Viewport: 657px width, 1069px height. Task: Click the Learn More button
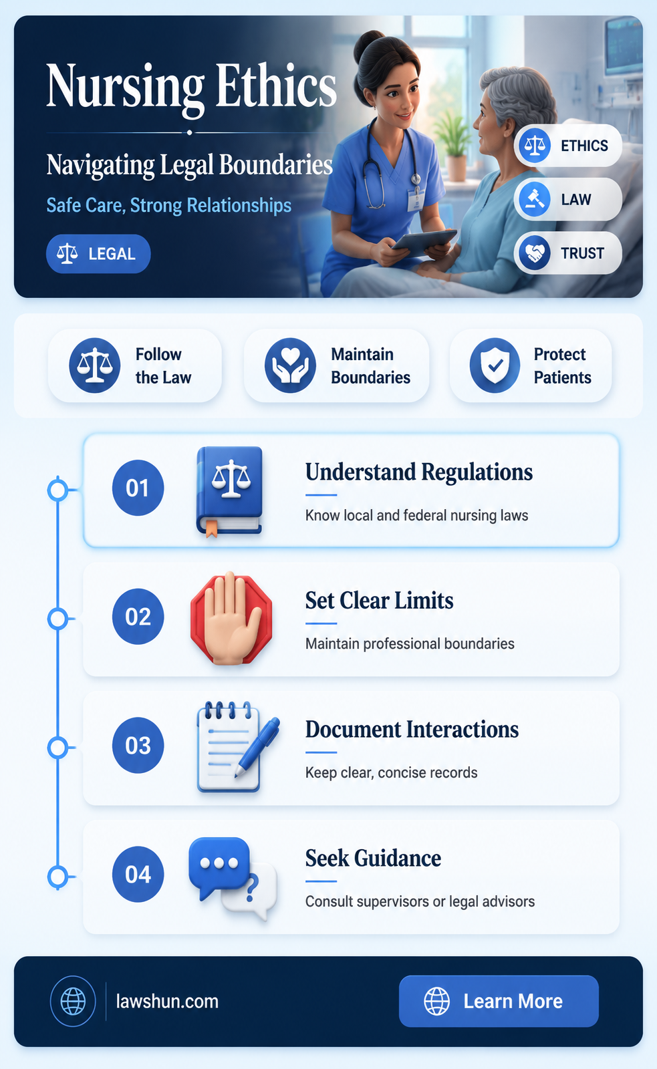[499, 1001]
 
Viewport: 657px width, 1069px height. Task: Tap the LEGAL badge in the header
[98, 254]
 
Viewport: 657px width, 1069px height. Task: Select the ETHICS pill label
[567, 146]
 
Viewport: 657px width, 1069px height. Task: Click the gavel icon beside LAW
[534, 199]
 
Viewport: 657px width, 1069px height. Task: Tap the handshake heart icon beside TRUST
[534, 253]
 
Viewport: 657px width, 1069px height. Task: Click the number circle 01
[138, 488]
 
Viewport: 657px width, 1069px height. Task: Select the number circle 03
[138, 746]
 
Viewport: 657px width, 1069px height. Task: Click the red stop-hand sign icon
[231, 619]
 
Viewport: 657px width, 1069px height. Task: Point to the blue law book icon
[229, 492]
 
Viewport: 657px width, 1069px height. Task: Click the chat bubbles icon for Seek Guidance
[233, 878]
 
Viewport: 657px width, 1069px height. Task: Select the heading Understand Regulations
[419, 472]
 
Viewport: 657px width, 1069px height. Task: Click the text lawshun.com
[167, 1002]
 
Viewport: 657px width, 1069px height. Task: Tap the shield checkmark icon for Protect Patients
[495, 365]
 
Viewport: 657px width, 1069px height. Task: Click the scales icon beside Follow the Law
[94, 365]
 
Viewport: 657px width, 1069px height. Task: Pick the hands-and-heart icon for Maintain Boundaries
[290, 365]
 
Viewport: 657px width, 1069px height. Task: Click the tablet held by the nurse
[424, 239]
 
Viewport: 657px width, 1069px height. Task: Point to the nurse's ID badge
[416, 200]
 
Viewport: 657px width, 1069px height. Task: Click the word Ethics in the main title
[276, 86]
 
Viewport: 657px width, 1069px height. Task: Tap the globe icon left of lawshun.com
[73, 1002]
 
